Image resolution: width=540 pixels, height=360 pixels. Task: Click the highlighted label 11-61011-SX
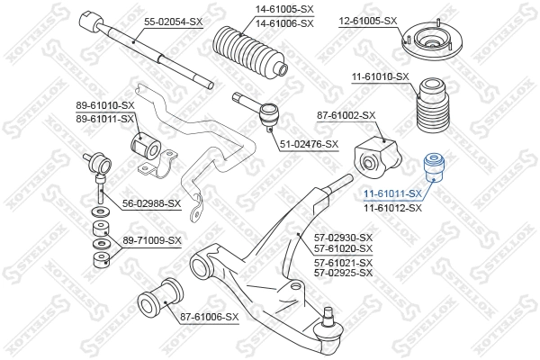(x=392, y=193)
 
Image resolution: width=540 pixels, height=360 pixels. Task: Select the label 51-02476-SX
(x=308, y=144)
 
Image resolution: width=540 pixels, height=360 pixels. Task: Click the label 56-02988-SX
(x=151, y=203)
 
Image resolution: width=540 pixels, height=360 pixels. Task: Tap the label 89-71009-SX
(x=151, y=240)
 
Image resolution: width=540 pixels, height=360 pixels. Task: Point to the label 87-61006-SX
(x=209, y=316)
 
